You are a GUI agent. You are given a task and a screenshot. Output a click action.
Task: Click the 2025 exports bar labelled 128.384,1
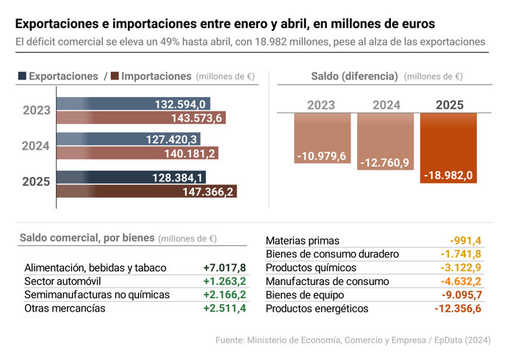(x=132, y=178)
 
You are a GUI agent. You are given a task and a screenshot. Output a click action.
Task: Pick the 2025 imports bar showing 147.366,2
(x=147, y=192)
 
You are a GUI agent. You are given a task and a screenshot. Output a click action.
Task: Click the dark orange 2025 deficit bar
(x=448, y=147)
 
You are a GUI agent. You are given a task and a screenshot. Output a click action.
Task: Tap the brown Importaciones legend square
(x=115, y=76)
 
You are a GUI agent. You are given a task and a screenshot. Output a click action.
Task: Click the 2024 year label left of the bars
(x=35, y=146)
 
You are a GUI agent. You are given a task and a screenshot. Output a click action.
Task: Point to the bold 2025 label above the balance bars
(x=450, y=105)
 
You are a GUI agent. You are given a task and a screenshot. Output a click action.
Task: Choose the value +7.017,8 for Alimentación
(x=224, y=268)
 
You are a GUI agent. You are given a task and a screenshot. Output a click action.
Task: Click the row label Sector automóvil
(x=62, y=281)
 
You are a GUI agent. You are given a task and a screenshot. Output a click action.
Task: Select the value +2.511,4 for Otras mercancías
(x=224, y=308)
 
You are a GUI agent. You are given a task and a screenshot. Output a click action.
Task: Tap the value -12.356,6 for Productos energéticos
(x=457, y=309)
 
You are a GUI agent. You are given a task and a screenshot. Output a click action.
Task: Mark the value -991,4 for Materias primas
(x=465, y=241)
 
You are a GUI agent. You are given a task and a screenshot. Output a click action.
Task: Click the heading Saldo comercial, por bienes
(x=87, y=238)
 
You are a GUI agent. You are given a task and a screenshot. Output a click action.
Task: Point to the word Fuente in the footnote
(x=229, y=341)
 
